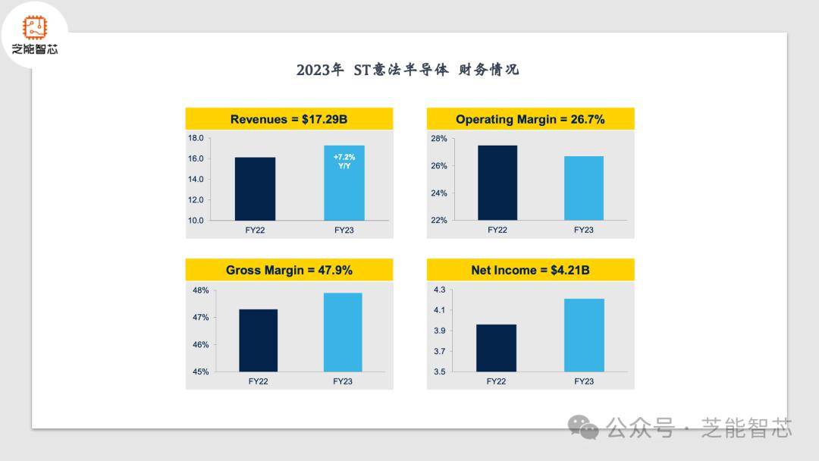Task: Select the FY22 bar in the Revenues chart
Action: pyautogui.click(x=255, y=189)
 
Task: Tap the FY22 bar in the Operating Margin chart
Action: pyautogui.click(x=497, y=183)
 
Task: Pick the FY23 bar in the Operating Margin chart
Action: pyautogui.click(x=584, y=188)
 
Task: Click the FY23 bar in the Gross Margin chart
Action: pyautogui.click(x=343, y=332)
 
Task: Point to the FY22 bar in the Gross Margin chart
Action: pyautogui.click(x=258, y=340)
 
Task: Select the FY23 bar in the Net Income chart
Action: pyautogui.click(x=584, y=335)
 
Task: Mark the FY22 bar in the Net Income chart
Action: pyautogui.click(x=496, y=348)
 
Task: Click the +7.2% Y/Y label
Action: pyautogui.click(x=344, y=161)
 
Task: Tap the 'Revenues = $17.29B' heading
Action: pyautogui.click(x=289, y=119)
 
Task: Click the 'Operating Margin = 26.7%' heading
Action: pyautogui.click(x=530, y=119)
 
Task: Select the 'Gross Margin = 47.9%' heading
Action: pyautogui.click(x=289, y=270)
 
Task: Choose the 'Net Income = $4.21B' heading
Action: pyautogui.click(x=530, y=270)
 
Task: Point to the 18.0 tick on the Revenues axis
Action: pyautogui.click(x=196, y=138)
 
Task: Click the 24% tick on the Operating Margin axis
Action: pyautogui.click(x=439, y=193)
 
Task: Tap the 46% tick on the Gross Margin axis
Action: pyautogui.click(x=200, y=345)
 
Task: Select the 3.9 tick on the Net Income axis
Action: pyautogui.click(x=439, y=331)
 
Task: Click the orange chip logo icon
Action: pyautogui.click(x=34, y=28)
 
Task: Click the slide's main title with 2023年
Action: pyautogui.click(x=408, y=70)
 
